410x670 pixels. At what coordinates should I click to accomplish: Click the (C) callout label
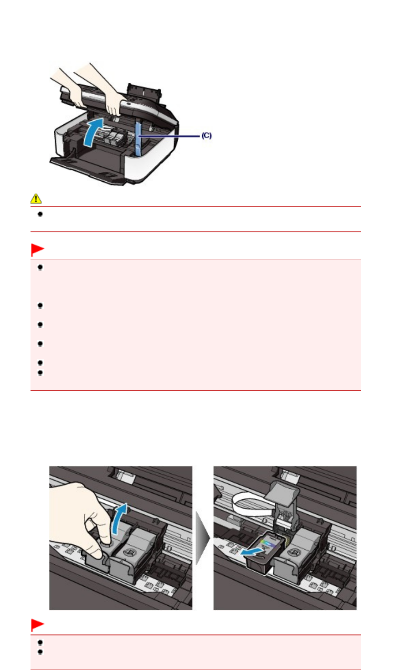[x=206, y=135]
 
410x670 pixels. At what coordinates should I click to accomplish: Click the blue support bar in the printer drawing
[x=138, y=139]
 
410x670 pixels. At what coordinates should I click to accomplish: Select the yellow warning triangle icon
[x=36, y=199]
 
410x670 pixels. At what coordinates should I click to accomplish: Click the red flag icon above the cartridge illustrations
[x=37, y=250]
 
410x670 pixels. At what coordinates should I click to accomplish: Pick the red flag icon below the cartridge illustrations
[x=37, y=625]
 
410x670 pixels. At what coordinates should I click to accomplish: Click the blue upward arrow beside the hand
[x=120, y=519]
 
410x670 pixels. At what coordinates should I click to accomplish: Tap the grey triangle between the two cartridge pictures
[x=203, y=538]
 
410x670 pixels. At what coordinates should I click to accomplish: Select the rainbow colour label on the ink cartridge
[x=268, y=543]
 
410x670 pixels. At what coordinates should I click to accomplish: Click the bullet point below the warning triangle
[x=40, y=214]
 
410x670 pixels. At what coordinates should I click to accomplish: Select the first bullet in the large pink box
[x=40, y=267]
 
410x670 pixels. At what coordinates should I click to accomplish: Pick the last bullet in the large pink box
[x=40, y=373]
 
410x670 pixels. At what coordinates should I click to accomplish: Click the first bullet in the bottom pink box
[x=40, y=642]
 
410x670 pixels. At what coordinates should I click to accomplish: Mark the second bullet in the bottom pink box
[x=40, y=652]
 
